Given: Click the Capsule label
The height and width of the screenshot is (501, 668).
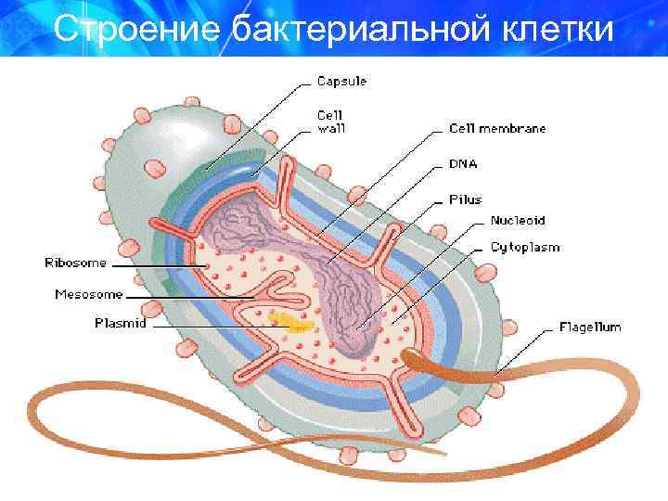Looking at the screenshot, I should [x=341, y=81].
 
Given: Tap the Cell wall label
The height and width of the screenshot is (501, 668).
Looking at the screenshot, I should [x=331, y=122].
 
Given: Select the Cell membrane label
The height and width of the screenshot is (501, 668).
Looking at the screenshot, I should [x=497, y=129].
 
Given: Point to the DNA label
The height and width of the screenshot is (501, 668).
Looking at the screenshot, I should [x=464, y=163].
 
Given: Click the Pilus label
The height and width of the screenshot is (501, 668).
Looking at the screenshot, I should [x=466, y=199].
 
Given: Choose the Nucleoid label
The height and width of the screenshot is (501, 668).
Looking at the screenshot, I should [x=518, y=221].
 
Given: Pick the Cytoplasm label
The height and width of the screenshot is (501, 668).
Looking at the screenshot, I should [x=525, y=248].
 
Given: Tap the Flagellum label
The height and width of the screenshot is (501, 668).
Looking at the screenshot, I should [x=590, y=327].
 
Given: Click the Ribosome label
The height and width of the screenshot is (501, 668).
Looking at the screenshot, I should [x=76, y=263].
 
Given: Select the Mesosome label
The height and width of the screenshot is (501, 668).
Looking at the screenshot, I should [x=89, y=295].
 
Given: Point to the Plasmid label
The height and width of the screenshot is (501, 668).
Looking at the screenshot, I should [x=121, y=324].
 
